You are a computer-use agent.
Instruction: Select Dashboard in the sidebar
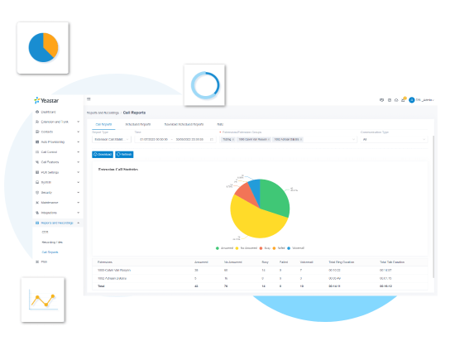(x=48, y=111)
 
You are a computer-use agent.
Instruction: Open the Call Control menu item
(x=50, y=151)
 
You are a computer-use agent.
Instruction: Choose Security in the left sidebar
(x=46, y=192)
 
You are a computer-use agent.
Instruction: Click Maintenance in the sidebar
(x=50, y=202)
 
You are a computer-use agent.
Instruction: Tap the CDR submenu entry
(x=45, y=233)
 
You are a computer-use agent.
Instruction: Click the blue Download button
(x=103, y=154)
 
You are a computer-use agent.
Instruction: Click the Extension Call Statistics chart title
(x=118, y=170)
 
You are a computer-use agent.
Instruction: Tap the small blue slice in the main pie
(x=256, y=185)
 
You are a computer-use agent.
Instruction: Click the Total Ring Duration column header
(x=341, y=261)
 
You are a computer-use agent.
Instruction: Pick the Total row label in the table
(x=100, y=286)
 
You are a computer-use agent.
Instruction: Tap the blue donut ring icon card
(x=204, y=85)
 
